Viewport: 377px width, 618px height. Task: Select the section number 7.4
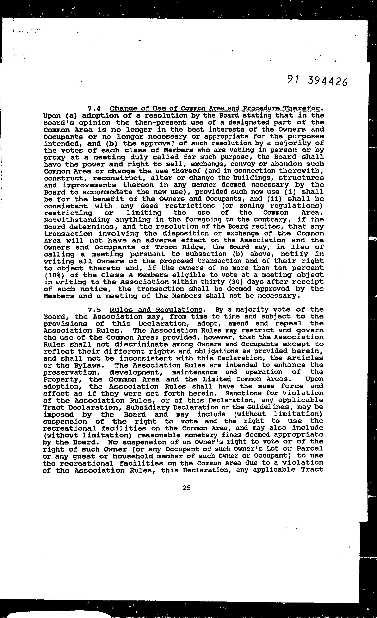click(94, 109)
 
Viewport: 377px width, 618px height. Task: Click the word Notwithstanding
click(77, 220)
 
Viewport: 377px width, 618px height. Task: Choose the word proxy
click(55, 158)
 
